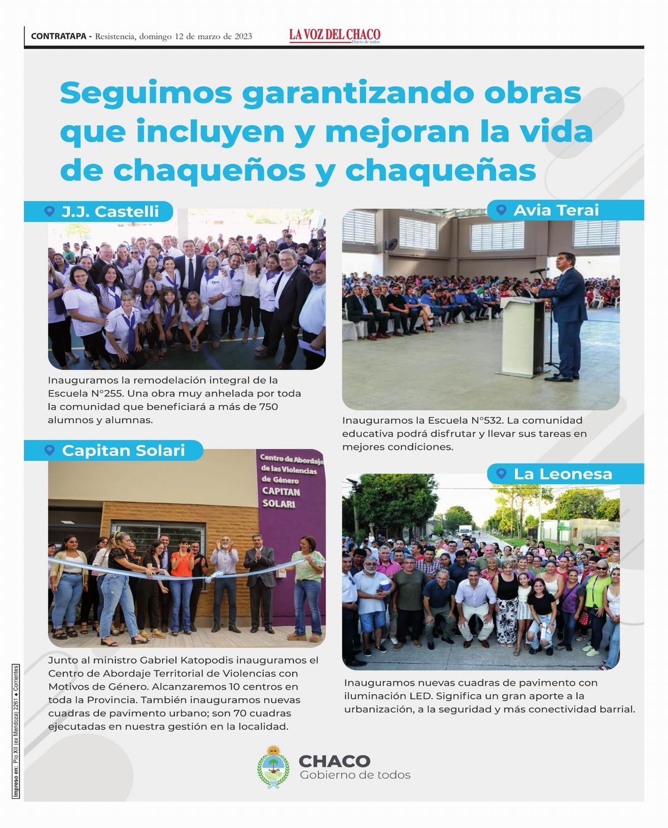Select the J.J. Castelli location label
click(x=110, y=212)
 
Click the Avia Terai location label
click(x=556, y=210)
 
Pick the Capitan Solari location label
click(x=123, y=450)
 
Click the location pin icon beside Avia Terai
click(x=502, y=210)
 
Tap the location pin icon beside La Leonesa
click(x=502, y=474)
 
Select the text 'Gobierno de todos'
click(x=355, y=775)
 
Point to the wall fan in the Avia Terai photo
click(x=392, y=245)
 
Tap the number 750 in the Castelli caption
click(x=268, y=407)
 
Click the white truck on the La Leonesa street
click(x=465, y=531)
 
